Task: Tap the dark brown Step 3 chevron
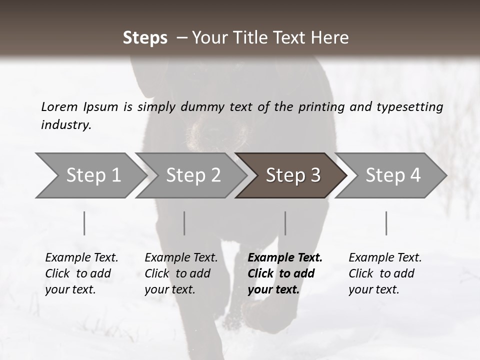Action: point(293,175)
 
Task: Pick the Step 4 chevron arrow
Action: point(393,175)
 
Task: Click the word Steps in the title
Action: point(145,38)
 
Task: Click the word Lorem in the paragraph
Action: point(59,106)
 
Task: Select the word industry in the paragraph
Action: point(65,125)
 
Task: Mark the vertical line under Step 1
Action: point(84,223)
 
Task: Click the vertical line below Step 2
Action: point(184,223)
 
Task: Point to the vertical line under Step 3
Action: point(285,223)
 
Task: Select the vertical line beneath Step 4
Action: point(386,223)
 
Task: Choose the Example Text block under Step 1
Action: point(81,273)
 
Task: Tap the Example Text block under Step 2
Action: point(181,273)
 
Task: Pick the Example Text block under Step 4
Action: point(385,273)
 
